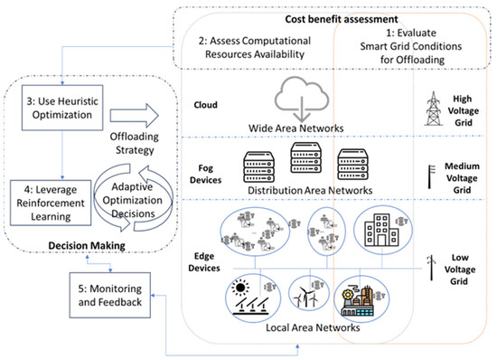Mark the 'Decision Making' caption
(70, 243)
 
